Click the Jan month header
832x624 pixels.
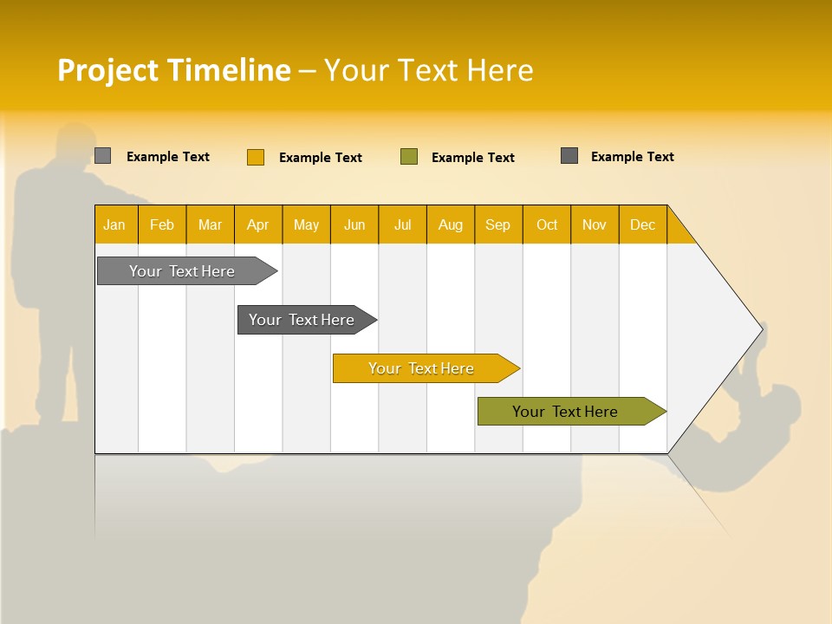click(x=114, y=224)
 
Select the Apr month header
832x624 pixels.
click(x=257, y=224)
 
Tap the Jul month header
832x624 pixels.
click(x=402, y=224)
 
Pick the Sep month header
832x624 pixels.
click(x=497, y=224)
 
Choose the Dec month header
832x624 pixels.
click(x=642, y=224)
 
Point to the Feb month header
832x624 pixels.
click(x=162, y=224)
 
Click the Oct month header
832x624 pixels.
click(x=547, y=224)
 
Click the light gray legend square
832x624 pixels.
click(x=102, y=156)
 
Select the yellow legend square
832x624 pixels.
click(x=256, y=157)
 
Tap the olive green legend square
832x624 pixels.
click(x=409, y=157)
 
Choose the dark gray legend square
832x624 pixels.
click(x=569, y=156)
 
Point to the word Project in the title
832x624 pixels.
click(x=108, y=70)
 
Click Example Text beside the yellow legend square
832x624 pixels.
click(x=320, y=158)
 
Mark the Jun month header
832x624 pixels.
click(x=354, y=224)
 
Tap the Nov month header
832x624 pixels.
click(x=595, y=224)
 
